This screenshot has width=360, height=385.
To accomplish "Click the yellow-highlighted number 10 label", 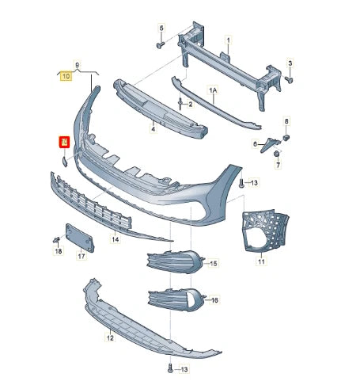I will pyautogui.click(x=65, y=77).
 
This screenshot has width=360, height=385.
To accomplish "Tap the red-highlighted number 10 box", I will pyautogui.click(x=64, y=143).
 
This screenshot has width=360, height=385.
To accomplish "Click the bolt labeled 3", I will pyautogui.click(x=290, y=80).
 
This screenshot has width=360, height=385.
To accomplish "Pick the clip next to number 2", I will pyautogui.click(x=180, y=103).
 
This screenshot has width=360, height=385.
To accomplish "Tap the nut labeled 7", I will pyautogui.click(x=278, y=155).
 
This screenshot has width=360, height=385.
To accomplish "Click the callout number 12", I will pyautogui.click(x=111, y=337).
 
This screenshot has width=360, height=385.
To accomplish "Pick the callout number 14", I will pyautogui.click(x=116, y=238).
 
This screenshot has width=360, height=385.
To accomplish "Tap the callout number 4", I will pyautogui.click(x=153, y=125).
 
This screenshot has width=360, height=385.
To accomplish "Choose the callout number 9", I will pyautogui.click(x=77, y=63).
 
